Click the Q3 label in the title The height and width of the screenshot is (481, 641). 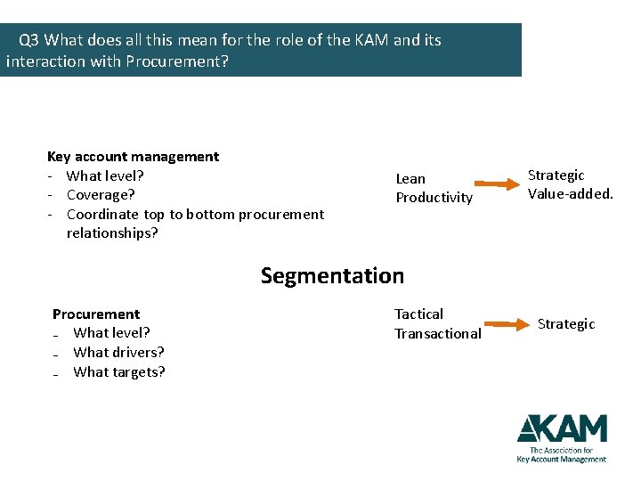pos(29,40)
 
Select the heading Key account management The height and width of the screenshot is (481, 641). pos(133,157)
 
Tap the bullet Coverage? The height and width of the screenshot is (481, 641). pos(101,195)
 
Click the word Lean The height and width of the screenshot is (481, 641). pos(410,179)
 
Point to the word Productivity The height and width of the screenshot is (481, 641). pos(434,198)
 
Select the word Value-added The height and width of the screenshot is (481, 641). pos(570,193)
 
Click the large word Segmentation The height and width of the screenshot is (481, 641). pos(332,276)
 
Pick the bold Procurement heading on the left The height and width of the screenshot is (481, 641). pos(96,314)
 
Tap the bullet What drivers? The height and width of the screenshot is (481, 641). pos(118,353)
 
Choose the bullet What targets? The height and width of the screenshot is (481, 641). pos(119,372)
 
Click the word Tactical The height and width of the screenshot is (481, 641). pos(418,314)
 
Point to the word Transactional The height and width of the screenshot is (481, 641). pos(438,334)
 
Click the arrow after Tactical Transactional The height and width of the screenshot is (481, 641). pos(505,325)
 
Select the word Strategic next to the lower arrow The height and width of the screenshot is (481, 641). pos(566,324)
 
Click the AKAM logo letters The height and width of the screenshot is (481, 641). pos(562,429)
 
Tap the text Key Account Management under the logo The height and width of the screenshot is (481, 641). pos(561,460)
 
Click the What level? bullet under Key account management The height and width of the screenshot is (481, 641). pos(105,175)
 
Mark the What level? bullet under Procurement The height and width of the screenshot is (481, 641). pos(111,333)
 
